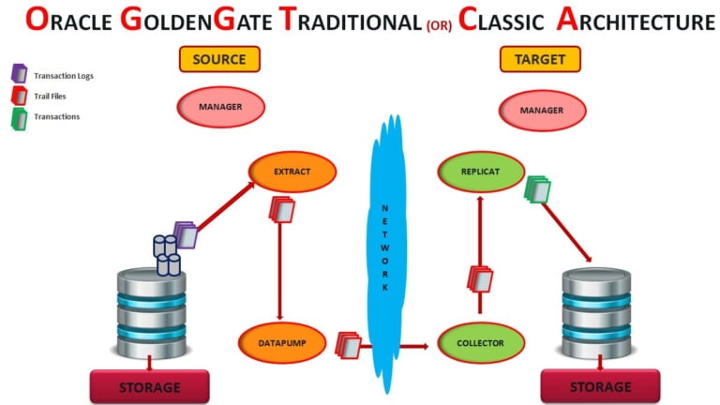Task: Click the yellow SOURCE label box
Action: [x=219, y=59]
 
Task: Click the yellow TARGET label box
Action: [x=539, y=59]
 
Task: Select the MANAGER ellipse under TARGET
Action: [x=541, y=110]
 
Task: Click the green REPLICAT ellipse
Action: [x=481, y=172]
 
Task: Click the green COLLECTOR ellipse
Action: [x=481, y=343]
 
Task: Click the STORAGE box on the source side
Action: [x=149, y=386]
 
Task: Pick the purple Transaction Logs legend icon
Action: [x=18, y=74]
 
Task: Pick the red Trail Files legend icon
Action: [x=18, y=95]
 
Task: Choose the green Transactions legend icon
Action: [x=18, y=116]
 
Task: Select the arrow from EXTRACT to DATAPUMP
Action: [x=279, y=272]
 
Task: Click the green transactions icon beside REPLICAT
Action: [x=538, y=190]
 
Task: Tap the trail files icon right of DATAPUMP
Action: [x=348, y=344]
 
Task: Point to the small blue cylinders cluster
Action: [x=167, y=255]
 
